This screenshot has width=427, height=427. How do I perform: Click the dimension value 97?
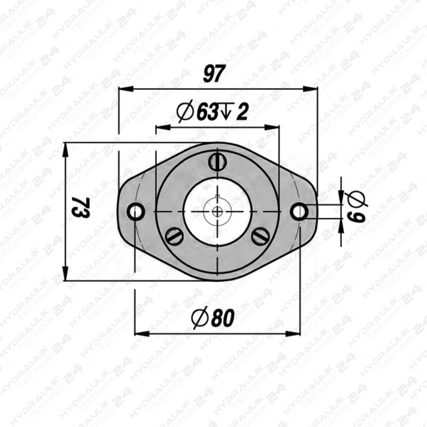pyautogui.click(x=215, y=74)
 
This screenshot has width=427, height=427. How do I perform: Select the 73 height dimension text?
pyautogui.click(x=81, y=207)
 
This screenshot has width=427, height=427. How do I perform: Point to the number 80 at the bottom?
pyautogui.click(x=223, y=318)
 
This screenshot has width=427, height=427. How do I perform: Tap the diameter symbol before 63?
pyautogui.click(x=185, y=112)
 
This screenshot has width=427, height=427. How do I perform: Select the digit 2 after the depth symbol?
pyautogui.click(x=242, y=113)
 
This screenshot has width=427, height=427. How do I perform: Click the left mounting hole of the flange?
pyautogui.click(x=136, y=211)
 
